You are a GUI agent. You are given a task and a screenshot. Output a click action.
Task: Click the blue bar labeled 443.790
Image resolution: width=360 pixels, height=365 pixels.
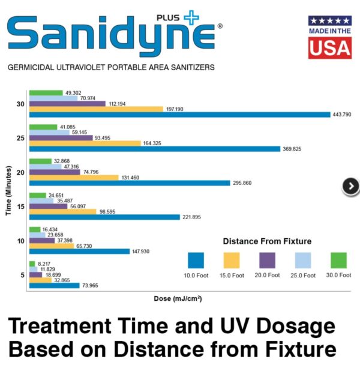pyautogui.click(x=179, y=115)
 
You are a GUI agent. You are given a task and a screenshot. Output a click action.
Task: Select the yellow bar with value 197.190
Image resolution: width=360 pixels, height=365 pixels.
pyautogui.click(x=96, y=109)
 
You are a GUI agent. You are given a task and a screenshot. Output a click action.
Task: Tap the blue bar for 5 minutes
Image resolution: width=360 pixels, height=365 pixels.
pyautogui.click(x=54, y=286)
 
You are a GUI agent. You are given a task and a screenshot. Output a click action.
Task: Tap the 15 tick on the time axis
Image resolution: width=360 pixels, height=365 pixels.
pyautogui.click(x=20, y=207)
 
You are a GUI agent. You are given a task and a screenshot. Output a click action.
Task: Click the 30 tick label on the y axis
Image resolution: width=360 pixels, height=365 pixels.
pyautogui.click(x=20, y=104)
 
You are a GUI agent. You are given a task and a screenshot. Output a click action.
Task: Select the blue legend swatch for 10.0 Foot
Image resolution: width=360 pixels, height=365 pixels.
pyautogui.click(x=196, y=261)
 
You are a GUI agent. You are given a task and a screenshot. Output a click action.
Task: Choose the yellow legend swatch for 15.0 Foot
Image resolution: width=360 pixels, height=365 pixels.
pyautogui.click(x=230, y=261)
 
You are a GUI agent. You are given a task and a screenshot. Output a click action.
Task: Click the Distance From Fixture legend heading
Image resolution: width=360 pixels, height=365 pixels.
pyautogui.click(x=267, y=241)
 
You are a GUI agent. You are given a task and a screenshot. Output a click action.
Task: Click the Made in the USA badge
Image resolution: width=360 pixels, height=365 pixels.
pyautogui.click(x=329, y=37)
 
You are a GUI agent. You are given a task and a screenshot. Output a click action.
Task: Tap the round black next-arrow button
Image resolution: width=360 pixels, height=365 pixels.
pyautogui.click(x=350, y=187)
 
